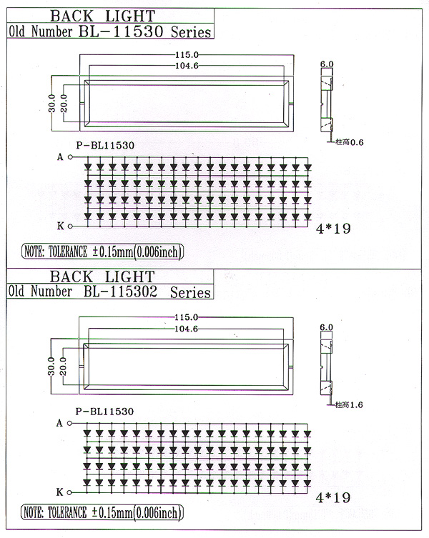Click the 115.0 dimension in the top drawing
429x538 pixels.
click(x=187, y=55)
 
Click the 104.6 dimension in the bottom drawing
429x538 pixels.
click(x=186, y=329)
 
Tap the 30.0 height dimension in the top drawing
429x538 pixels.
click(x=51, y=104)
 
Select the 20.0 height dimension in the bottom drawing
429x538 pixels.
click(x=63, y=367)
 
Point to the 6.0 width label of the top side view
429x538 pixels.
click(x=327, y=64)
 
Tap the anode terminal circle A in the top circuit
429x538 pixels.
click(x=70, y=157)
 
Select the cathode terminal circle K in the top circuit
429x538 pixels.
click(x=70, y=226)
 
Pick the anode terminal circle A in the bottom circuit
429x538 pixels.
click(x=69, y=423)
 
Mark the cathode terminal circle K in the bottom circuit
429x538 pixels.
click(x=69, y=493)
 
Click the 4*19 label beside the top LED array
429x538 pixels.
click(x=333, y=229)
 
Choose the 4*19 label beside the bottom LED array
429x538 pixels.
click(x=332, y=498)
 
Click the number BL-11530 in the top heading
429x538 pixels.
click(x=121, y=31)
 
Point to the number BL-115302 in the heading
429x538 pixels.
click(x=120, y=292)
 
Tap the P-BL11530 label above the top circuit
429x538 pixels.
click(x=105, y=146)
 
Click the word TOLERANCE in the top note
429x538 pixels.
click(x=68, y=252)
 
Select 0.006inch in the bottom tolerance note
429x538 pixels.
click(x=158, y=512)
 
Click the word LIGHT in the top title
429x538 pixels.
click(x=130, y=16)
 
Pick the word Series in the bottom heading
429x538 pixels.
click(x=190, y=292)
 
